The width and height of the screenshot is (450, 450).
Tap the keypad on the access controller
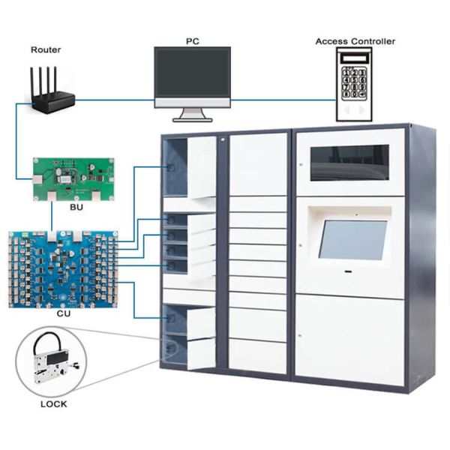(x=355, y=82)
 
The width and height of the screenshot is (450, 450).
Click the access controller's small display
(x=355, y=58)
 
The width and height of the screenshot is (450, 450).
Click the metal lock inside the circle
(x=50, y=365)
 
